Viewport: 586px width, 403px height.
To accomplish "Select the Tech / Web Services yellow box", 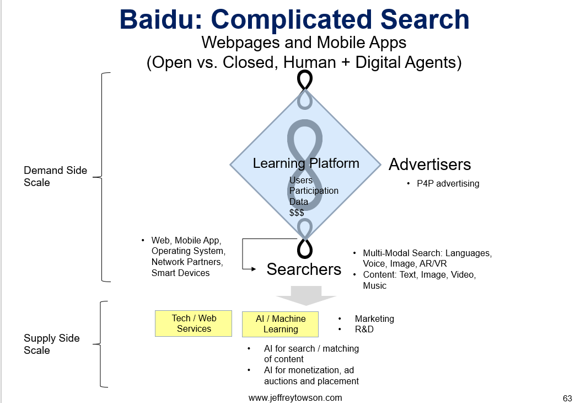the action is tap(193, 324).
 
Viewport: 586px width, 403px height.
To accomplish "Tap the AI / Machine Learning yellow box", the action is tap(280, 324).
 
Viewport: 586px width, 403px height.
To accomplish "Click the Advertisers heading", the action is tap(430, 165).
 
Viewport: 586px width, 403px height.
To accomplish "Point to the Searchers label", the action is tap(304, 269).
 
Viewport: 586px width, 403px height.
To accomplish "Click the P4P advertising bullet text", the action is tap(448, 183).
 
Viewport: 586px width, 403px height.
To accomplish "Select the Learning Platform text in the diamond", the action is tap(306, 163).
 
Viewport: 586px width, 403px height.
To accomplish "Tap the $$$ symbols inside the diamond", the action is tap(297, 213).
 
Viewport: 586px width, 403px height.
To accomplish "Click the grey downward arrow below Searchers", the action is tap(306, 295).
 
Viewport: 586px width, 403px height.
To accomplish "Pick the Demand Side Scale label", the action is tap(55, 176).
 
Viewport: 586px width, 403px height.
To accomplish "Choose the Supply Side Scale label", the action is tap(52, 344).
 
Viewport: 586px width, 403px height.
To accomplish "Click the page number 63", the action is tap(567, 399).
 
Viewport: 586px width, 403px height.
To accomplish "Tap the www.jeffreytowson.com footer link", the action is tap(295, 398).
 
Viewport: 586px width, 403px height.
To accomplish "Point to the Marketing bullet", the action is tap(374, 319).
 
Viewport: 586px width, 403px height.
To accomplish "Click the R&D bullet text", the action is tap(364, 329).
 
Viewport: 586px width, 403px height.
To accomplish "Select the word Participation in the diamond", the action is tap(314, 191).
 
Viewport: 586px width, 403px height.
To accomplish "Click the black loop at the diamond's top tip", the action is tap(305, 80).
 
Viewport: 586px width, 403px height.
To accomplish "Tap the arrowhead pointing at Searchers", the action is tap(254, 269).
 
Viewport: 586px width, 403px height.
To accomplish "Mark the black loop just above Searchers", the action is tap(305, 249).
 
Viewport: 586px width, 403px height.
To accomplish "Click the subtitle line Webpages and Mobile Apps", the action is tap(304, 43).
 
